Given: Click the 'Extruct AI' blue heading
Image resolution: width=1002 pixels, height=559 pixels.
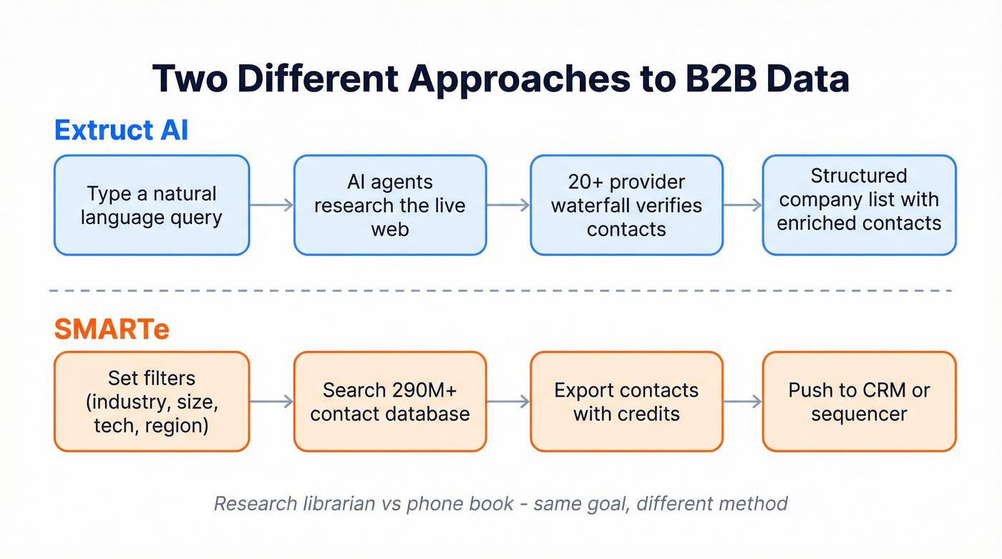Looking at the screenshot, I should tap(121, 130).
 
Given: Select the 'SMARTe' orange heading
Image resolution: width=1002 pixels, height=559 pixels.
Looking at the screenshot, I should tap(112, 329).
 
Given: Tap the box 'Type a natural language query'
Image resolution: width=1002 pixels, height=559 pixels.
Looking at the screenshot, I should tap(152, 205).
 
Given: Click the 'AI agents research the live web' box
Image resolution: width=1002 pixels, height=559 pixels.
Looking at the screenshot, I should tap(390, 205).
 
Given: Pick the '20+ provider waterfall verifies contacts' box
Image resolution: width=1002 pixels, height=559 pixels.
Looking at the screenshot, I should tap(626, 205).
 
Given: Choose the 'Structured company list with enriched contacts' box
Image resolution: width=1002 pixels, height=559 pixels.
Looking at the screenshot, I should tap(859, 205).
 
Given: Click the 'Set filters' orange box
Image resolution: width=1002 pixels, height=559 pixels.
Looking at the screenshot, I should tap(152, 402).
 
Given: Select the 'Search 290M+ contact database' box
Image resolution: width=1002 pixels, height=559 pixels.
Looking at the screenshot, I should tap(390, 402).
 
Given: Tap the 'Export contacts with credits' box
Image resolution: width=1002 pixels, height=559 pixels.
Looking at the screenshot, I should tap(626, 402).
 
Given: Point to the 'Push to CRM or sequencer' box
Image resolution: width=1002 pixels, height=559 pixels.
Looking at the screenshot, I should tap(859, 402).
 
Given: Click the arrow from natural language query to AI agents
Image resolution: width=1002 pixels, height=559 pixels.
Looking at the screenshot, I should tap(272, 205).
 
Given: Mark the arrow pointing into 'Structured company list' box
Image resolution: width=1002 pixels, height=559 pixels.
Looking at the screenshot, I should tap(742, 205).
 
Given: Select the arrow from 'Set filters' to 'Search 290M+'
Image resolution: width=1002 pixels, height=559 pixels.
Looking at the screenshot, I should tap(272, 402).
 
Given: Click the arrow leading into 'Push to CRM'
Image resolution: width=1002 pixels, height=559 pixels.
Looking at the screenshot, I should tap(742, 402).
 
